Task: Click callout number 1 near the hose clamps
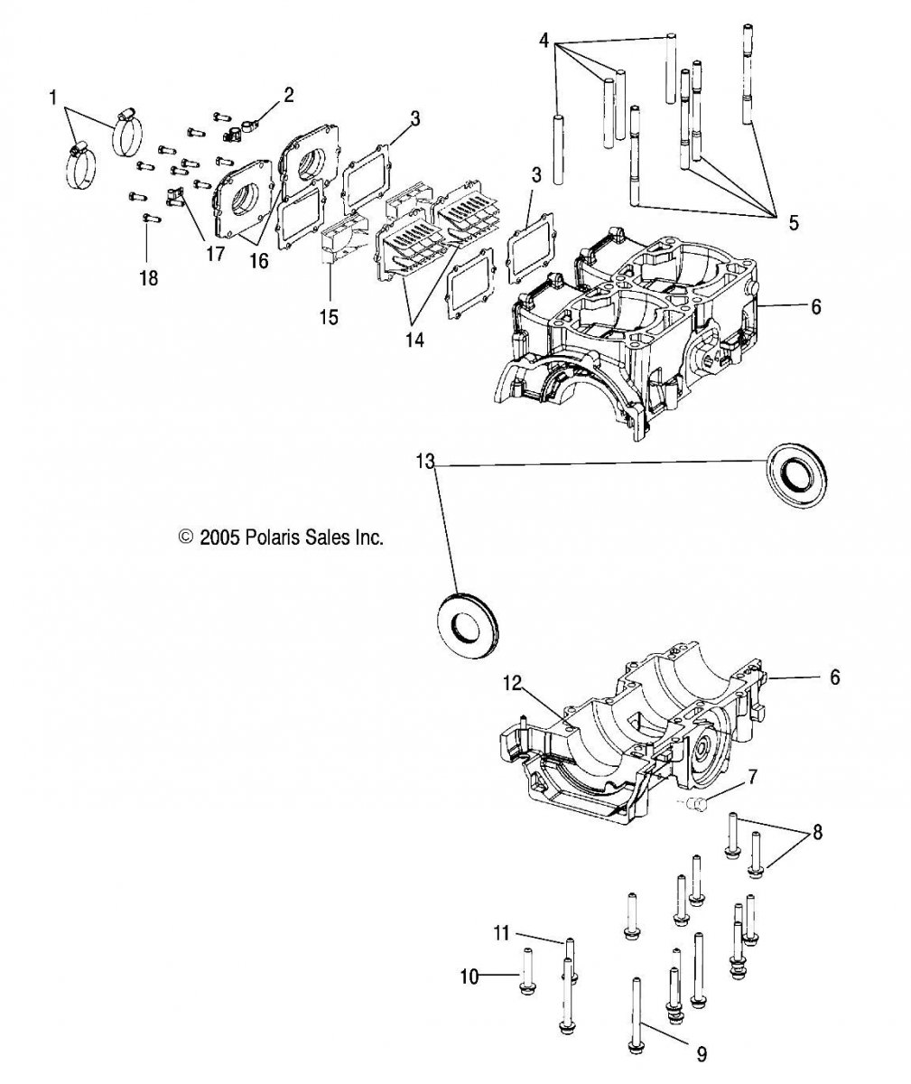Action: point(53,98)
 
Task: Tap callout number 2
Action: point(289,95)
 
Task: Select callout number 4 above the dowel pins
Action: point(544,40)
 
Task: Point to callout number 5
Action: point(794,223)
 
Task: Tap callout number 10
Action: point(469,977)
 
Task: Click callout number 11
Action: point(501,934)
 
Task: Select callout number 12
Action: point(513,684)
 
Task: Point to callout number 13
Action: point(425,461)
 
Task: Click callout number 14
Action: point(414,340)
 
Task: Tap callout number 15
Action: point(329,317)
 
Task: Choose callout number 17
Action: point(215,254)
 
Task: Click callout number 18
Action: point(149,278)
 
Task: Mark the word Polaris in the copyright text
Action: point(271,537)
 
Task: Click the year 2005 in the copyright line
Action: point(219,537)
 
